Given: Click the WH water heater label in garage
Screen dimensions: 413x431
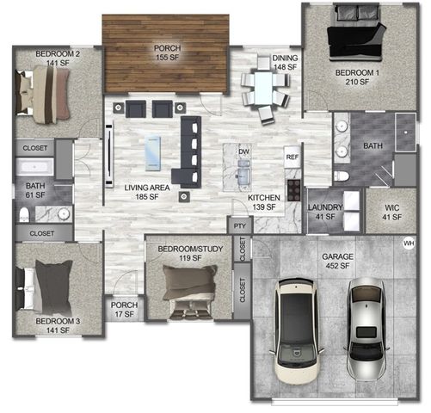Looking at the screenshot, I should click(x=408, y=243).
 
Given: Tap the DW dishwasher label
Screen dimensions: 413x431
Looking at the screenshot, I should click(x=243, y=151).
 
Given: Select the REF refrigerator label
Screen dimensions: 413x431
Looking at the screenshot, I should click(x=292, y=157).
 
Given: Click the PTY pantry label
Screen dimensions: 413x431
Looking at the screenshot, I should click(x=239, y=225).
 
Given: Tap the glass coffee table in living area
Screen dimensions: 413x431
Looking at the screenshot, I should click(x=152, y=157).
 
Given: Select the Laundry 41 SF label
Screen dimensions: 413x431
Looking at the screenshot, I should click(x=326, y=213).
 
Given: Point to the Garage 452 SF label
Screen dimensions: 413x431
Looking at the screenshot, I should click(x=338, y=261).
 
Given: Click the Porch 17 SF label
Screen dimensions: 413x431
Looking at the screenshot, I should click(x=124, y=309).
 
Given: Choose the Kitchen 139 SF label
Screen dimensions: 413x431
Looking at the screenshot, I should click(x=262, y=202).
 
